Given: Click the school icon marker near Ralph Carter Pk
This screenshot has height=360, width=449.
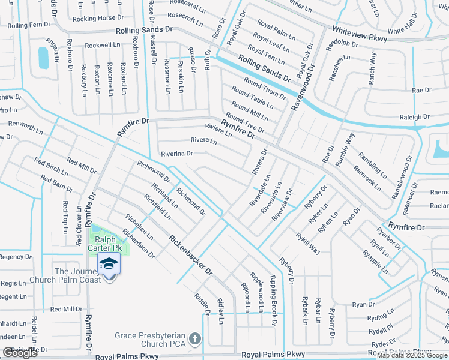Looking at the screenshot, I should pyautogui.click(x=109, y=264).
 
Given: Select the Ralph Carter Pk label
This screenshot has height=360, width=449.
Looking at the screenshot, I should pyautogui.click(x=105, y=243).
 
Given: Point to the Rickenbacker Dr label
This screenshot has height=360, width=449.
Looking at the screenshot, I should pyautogui.click(x=191, y=254).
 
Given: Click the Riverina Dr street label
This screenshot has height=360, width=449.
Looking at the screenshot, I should pyautogui.click(x=176, y=154).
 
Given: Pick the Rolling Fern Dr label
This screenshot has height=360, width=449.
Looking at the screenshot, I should pyautogui.click(x=28, y=25).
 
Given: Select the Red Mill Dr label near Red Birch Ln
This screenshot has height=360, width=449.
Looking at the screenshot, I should pyautogui.click(x=82, y=164).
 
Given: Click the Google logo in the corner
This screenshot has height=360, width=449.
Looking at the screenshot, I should pyautogui.click(x=20, y=353).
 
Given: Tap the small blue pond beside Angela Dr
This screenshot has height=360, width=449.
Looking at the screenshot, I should pyautogui.click(x=43, y=58).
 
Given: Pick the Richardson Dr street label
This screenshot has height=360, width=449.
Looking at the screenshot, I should pyautogui.click(x=138, y=243).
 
